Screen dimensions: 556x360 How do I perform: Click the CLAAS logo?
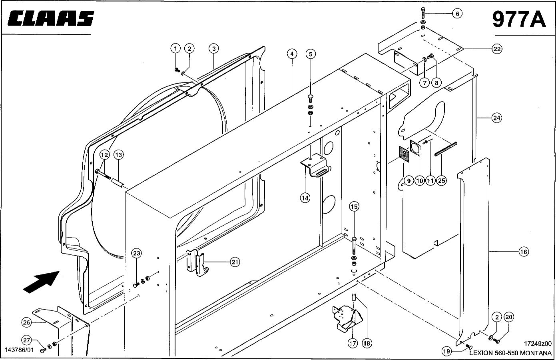coord(51,18)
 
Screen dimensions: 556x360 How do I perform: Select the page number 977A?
coord(519,19)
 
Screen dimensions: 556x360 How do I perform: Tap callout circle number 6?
coord(457,14)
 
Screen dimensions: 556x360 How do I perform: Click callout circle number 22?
coord(497,49)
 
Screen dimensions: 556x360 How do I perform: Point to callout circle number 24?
coord(497,118)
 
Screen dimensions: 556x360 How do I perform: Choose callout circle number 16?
coord(524,252)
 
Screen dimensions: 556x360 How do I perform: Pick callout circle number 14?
coord(305,198)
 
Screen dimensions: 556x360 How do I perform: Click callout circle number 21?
coord(235,262)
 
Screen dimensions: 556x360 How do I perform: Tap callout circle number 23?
coord(137,254)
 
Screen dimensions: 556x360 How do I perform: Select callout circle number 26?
coord(26,323)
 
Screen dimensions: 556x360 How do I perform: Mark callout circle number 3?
coord(214,48)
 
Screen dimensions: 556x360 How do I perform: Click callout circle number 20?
coord(509,317)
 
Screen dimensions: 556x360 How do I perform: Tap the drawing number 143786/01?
coord(19,350)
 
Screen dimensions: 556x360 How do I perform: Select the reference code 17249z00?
coord(538,344)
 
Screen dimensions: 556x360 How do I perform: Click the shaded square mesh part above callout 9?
coord(405,154)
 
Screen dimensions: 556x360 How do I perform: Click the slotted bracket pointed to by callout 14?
coord(316,165)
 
